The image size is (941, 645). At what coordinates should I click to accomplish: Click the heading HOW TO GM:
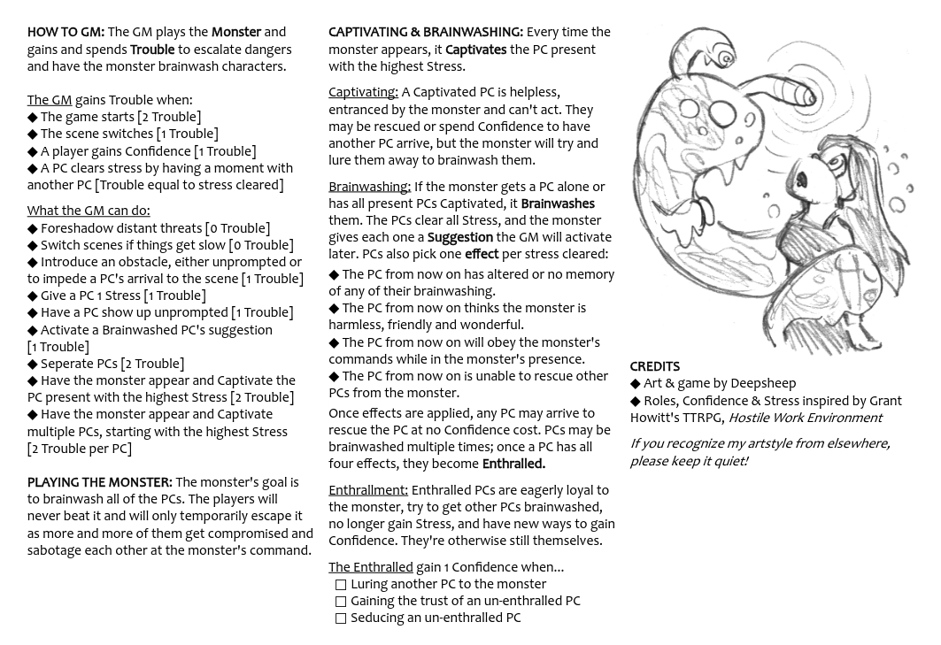pos(66,33)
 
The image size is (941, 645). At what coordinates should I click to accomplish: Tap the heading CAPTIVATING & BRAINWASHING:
pos(426,33)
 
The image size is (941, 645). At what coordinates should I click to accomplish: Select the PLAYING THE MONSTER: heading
pos(99,483)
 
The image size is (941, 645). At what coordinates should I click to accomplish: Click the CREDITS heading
pos(654,367)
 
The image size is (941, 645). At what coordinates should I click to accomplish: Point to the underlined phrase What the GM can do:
pos(88,211)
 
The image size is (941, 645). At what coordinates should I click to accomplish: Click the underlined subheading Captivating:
pos(363,93)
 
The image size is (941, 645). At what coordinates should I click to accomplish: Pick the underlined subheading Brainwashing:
pos(369,188)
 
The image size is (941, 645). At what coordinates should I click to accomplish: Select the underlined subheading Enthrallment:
pos(367,491)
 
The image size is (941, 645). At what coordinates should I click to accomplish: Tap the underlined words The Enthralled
pos(370,568)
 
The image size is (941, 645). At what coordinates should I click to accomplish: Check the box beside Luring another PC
pos(341,585)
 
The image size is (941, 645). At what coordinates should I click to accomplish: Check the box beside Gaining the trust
pos(341,602)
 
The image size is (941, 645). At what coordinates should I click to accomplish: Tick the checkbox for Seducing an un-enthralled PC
pos(341,618)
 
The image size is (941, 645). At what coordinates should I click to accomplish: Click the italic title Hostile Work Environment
pos(805,418)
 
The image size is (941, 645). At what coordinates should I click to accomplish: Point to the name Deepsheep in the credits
pos(763,384)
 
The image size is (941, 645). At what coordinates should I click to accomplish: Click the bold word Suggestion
pos(459,238)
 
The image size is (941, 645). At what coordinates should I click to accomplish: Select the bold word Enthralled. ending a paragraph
pos(513,465)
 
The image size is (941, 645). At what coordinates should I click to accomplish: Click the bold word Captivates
pos(475,50)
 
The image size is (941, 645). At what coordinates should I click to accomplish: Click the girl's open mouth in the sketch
pos(802,180)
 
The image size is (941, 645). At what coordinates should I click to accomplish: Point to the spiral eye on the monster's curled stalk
pos(726,58)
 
